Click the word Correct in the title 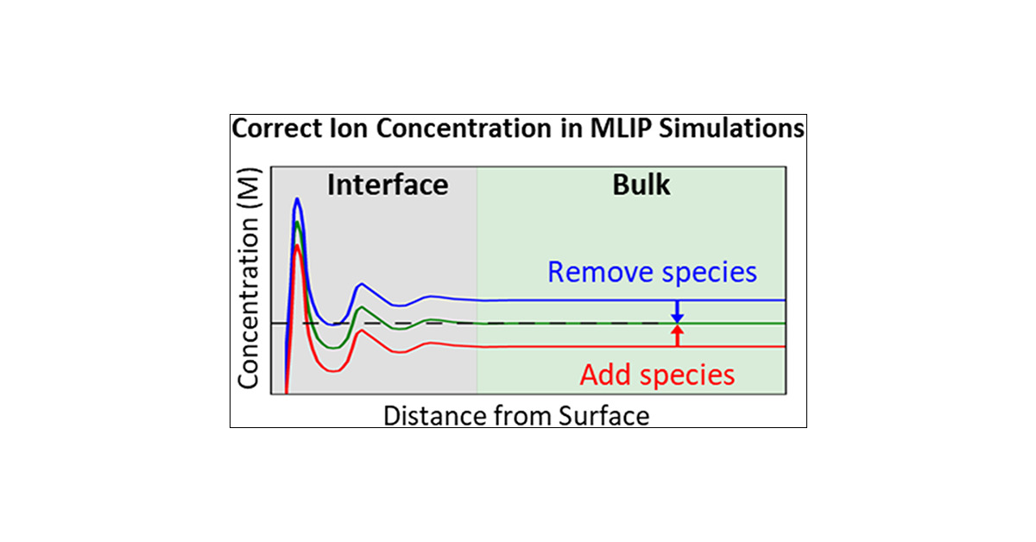point(275,129)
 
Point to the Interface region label point(388,185)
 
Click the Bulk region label point(641,185)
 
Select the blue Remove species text point(652,273)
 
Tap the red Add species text point(657,375)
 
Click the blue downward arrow point(678,312)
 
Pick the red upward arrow point(678,335)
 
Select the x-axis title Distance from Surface point(515,416)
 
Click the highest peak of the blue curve point(297,199)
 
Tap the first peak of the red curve point(297,246)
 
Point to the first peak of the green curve point(297,223)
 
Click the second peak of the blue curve point(362,283)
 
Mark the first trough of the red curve point(331,369)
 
